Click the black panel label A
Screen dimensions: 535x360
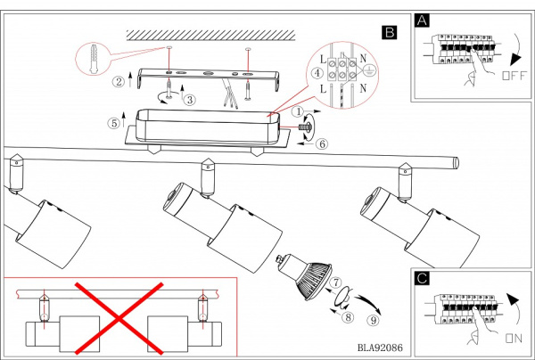coord(422,20)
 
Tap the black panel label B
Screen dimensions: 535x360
coord(390,32)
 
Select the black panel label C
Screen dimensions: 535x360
coord(422,278)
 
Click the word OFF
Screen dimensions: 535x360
coord(514,76)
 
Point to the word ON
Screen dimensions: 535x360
coord(514,339)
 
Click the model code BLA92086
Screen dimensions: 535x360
coord(380,348)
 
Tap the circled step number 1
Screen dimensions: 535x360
coord(298,111)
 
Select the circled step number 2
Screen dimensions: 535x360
coord(119,81)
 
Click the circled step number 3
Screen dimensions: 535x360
coord(190,100)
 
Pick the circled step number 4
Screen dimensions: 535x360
coord(317,73)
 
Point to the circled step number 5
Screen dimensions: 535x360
coord(114,123)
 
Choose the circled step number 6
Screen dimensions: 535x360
coord(322,143)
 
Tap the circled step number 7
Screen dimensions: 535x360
coord(336,282)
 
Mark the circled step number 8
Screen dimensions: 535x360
coord(348,317)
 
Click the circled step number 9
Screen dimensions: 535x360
coord(373,320)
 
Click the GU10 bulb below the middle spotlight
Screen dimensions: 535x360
coord(304,276)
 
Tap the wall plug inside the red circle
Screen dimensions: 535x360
coord(94,59)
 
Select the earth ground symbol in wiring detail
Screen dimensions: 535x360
coord(368,71)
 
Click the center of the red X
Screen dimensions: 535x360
coord(119,319)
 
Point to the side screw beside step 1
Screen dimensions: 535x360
coord(305,127)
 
